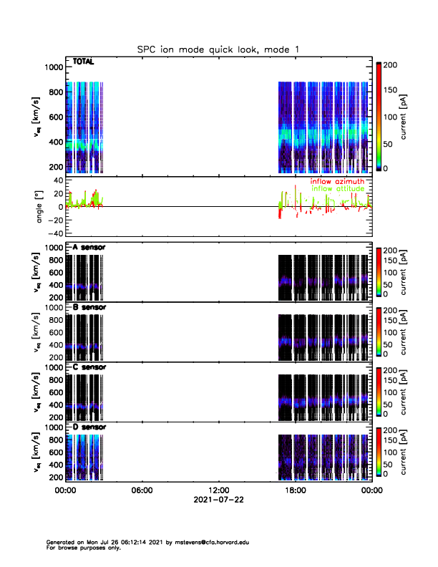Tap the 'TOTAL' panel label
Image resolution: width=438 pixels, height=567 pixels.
click(84, 62)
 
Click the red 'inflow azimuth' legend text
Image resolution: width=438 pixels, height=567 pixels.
click(337, 181)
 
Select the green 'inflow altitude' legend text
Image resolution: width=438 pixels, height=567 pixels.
click(338, 189)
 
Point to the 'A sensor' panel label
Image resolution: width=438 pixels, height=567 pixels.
click(89, 248)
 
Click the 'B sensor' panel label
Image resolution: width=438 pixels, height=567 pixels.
click(89, 308)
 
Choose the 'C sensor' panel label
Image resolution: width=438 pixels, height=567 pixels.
click(89, 367)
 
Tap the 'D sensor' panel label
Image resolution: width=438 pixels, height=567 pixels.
click(89, 427)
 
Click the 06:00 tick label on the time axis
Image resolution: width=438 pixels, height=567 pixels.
click(142, 491)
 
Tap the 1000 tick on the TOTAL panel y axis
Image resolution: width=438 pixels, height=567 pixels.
click(54, 67)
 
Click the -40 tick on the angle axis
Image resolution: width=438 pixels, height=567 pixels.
click(54, 233)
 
